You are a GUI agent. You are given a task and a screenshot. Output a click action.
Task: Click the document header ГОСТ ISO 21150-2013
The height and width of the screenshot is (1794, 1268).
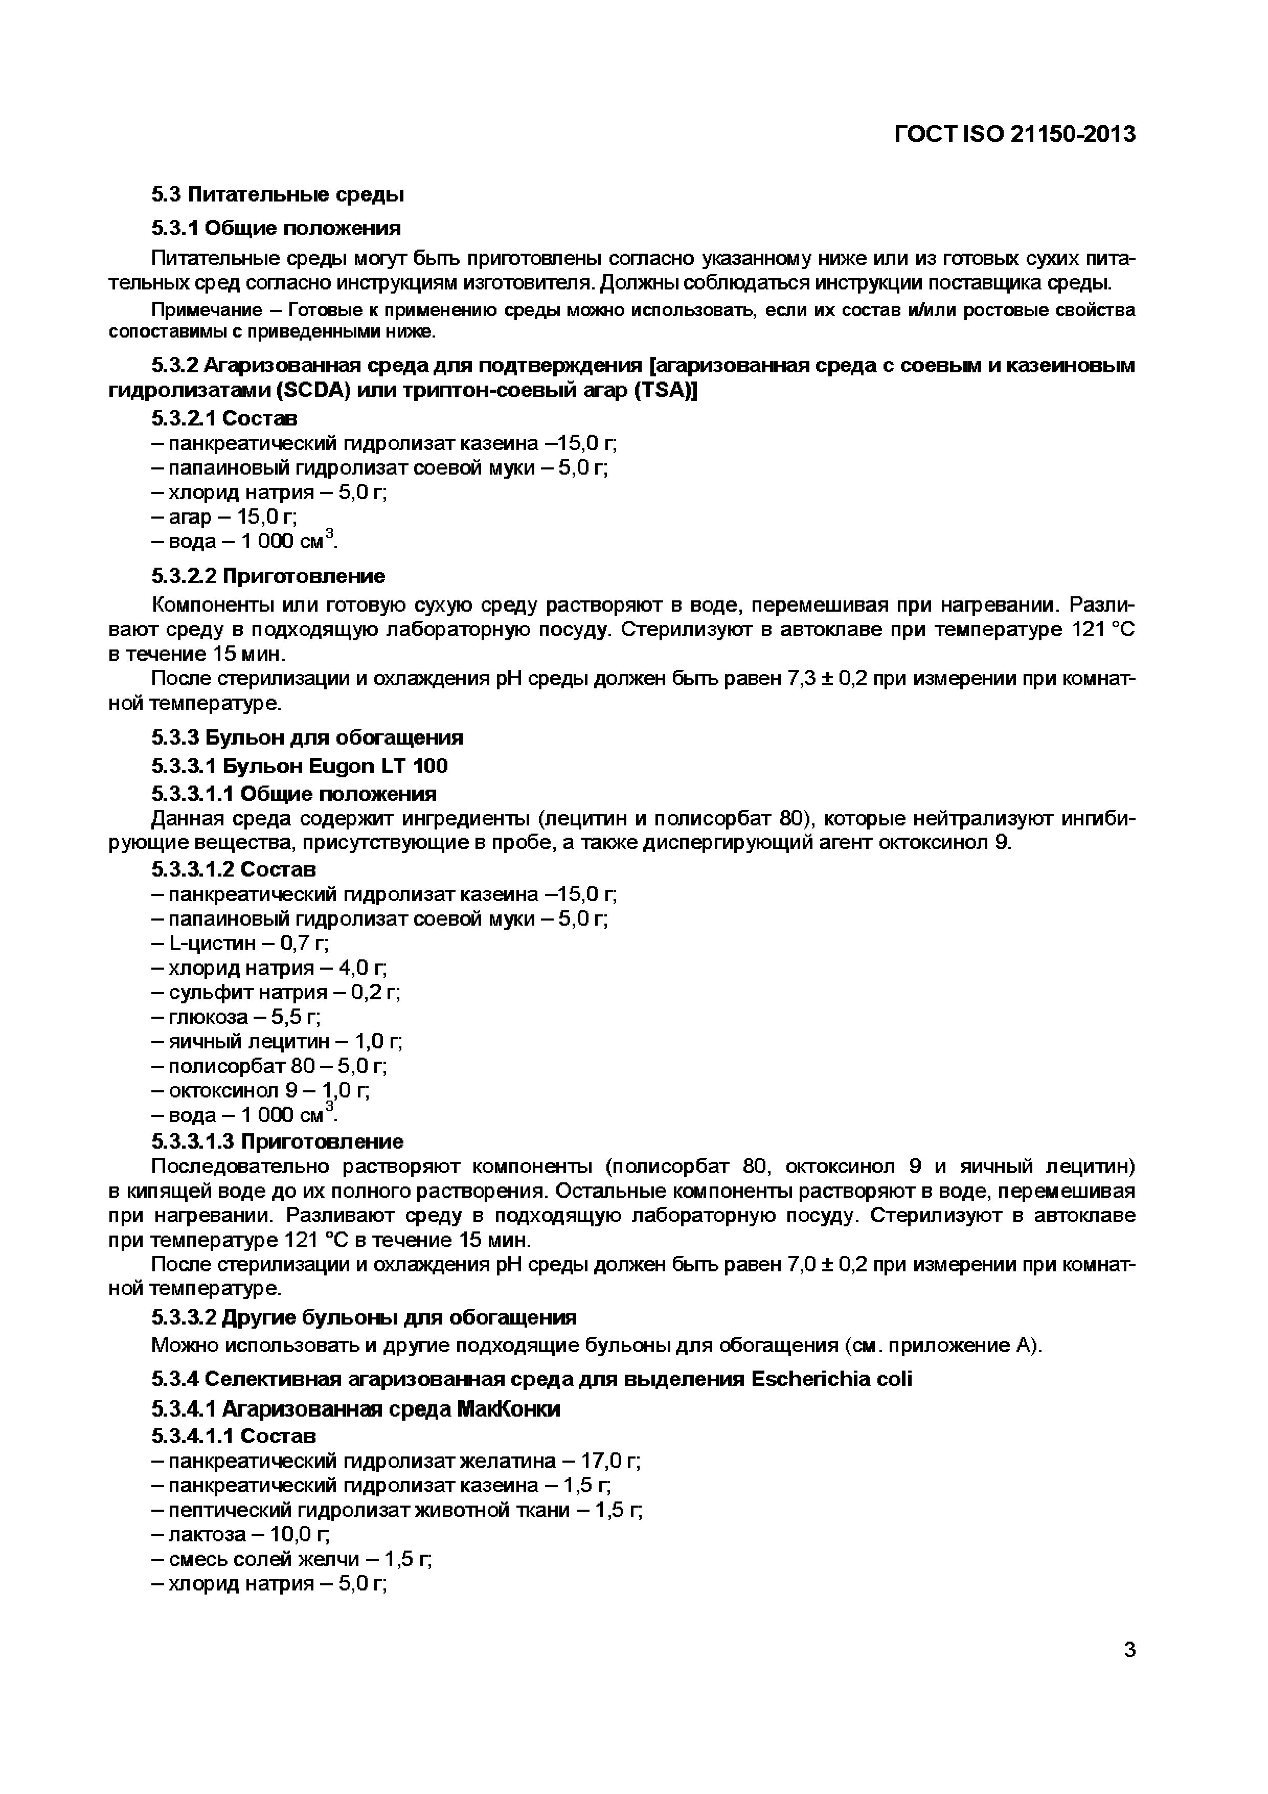[1014, 134]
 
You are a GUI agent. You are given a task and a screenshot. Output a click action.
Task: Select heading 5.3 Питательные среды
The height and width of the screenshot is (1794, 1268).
[277, 194]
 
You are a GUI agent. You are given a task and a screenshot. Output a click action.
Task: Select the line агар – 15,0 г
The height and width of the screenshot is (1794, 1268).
[225, 517]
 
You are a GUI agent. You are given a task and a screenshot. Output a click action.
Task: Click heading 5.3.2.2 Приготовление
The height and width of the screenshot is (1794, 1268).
[268, 576]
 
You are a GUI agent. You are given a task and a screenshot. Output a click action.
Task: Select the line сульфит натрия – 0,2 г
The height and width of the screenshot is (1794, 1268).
[276, 992]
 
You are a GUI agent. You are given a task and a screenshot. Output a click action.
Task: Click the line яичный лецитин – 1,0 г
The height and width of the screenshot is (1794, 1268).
[277, 1042]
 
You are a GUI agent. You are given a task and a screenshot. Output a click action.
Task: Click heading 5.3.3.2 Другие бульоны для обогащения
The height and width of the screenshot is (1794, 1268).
[364, 1317]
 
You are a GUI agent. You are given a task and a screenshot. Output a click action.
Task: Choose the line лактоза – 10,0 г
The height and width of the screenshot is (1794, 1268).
[241, 1535]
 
